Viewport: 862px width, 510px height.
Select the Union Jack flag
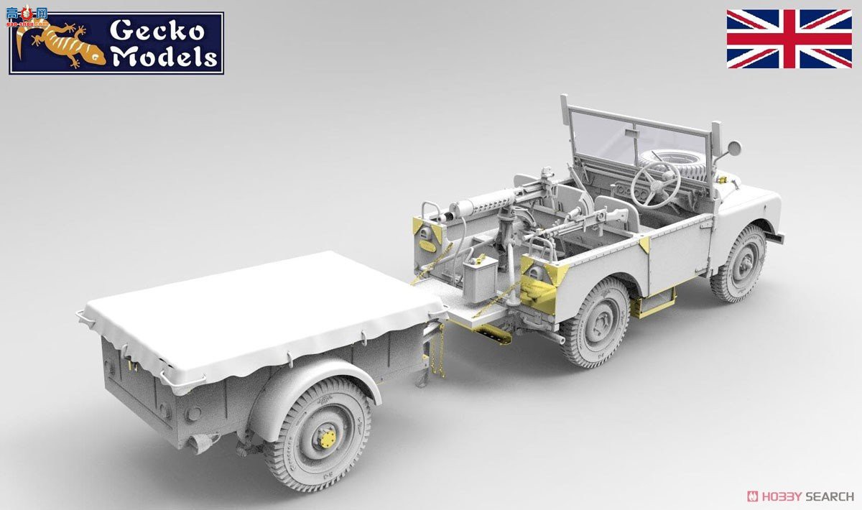(789, 39)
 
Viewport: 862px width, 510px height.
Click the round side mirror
(733, 149)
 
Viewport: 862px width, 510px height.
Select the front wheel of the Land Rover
(739, 263)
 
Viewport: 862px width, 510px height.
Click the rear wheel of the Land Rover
(596, 323)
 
